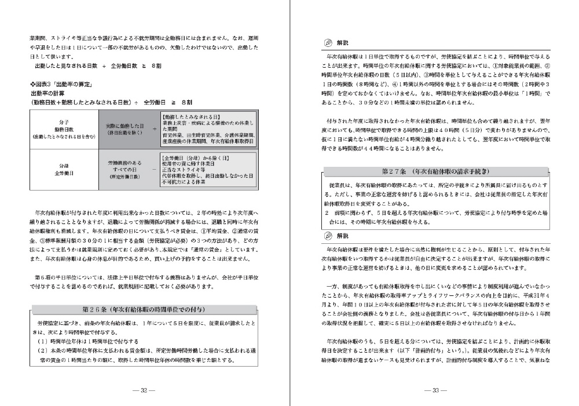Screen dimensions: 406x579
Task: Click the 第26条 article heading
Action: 144,310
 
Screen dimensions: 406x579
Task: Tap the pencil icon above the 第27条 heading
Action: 329,43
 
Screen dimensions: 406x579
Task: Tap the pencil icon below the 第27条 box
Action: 329,236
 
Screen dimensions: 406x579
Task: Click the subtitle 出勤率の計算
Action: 47,93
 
